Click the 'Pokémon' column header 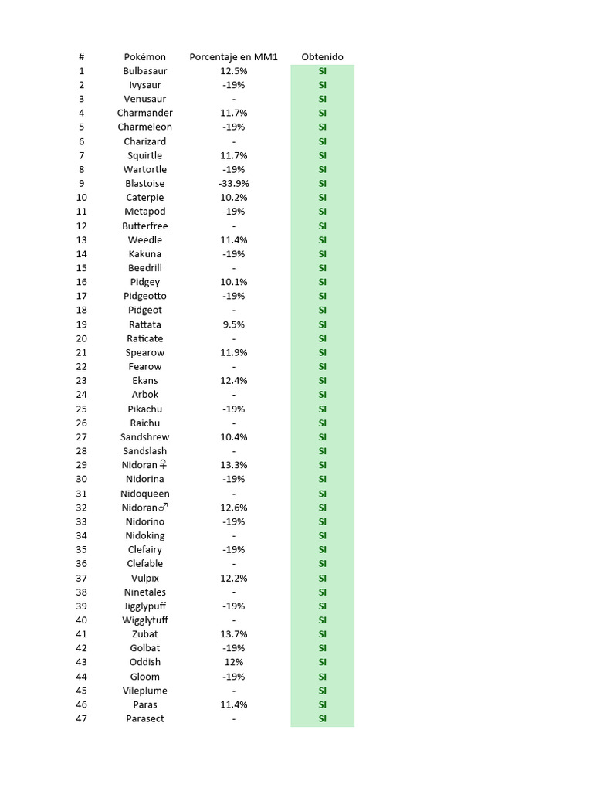[145, 57]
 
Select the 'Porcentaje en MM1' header [233, 57]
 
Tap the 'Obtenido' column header [322, 57]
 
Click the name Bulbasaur [145, 71]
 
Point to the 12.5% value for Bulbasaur [233, 71]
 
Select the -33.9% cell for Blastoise [233, 184]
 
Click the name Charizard [145, 141]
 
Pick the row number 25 [82, 409]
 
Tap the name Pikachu [145, 409]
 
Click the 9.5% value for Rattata [233, 324]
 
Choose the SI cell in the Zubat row [322, 634]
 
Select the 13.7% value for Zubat [233, 634]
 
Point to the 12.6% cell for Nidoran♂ [233, 508]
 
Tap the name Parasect [145, 718]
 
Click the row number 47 [82, 718]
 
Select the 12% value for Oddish [233, 662]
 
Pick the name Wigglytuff [145, 620]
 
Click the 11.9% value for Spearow [233, 352]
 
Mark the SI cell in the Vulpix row [322, 578]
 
